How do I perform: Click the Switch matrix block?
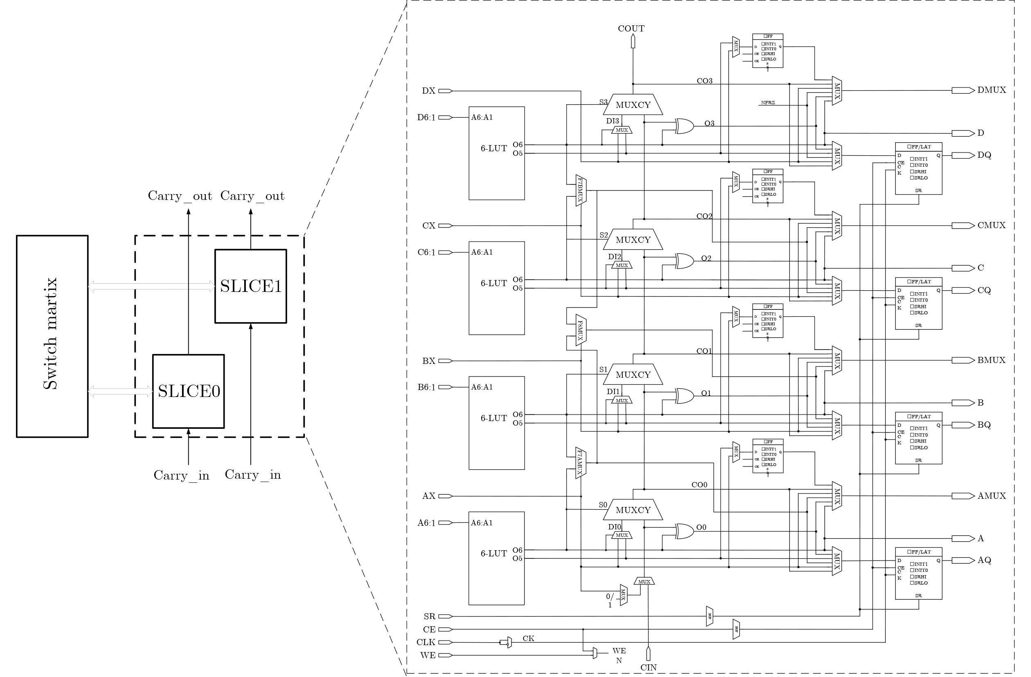pos(52,336)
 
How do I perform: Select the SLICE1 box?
pos(250,286)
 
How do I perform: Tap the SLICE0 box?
pos(188,391)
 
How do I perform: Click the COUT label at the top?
pos(631,29)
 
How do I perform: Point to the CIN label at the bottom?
pos(648,668)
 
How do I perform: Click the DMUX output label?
pos(991,90)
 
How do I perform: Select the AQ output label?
pos(984,560)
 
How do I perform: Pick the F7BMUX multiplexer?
pos(581,191)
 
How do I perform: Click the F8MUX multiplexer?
pos(581,330)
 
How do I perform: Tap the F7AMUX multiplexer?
pos(580,463)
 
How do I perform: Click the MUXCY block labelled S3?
pos(633,105)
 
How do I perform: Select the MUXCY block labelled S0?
pos(633,510)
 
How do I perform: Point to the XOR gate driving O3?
pos(684,126)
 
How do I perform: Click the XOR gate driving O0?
pos(684,531)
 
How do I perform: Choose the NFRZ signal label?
pos(768,103)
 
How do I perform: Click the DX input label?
pos(428,91)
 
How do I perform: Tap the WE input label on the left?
pos(428,655)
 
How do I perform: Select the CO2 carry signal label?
pos(704,216)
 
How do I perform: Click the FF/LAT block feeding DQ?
pos(918,169)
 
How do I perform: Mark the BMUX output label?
pos(991,360)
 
